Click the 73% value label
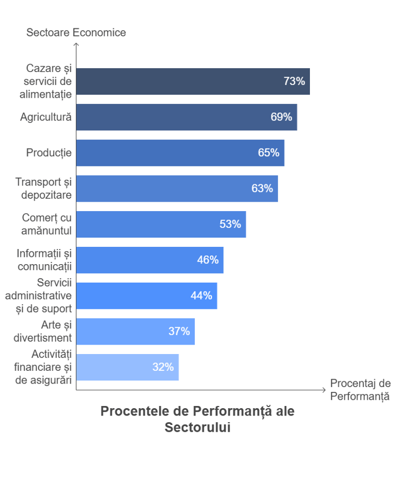294,82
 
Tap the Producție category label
49,152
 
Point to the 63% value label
262,189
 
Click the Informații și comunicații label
45,260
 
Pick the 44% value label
201,296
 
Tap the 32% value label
163,367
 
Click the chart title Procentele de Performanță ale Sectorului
197,419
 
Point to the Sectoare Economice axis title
76,32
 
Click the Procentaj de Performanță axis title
360,390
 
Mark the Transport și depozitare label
44,189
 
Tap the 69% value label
281,117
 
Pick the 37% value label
179,332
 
